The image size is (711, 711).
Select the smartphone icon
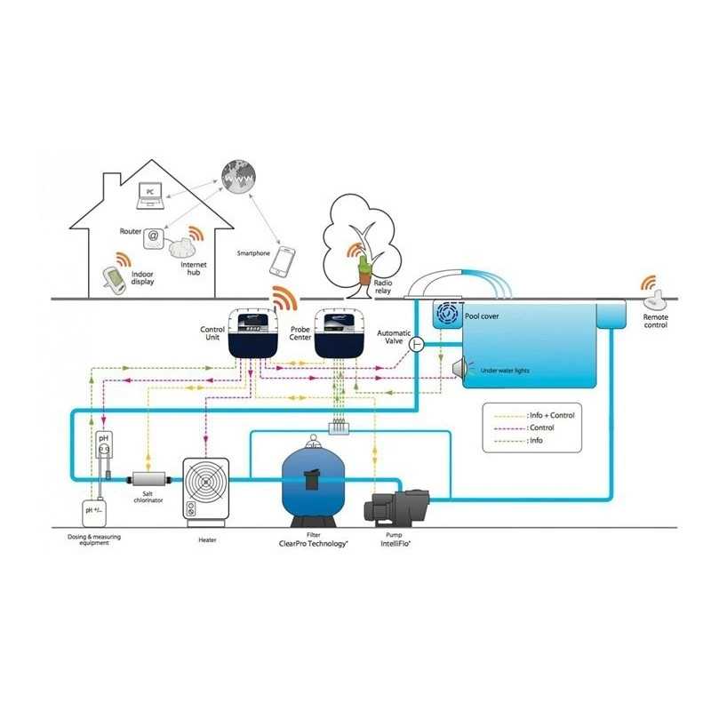click(284, 261)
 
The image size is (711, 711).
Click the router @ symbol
click(154, 236)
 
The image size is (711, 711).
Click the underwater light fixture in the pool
click(460, 368)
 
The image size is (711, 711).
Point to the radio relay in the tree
click(363, 267)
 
